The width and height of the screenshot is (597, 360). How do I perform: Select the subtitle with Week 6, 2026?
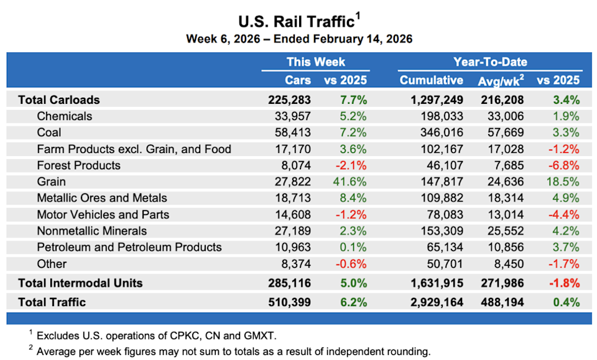click(299, 39)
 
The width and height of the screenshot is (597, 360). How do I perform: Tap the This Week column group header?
click(315, 62)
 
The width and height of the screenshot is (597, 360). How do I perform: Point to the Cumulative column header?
click(431, 80)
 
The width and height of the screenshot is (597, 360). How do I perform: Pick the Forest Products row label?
click(78, 165)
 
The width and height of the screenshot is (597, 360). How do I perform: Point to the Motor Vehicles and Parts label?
click(103, 215)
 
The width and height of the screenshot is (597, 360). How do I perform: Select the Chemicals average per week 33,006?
click(503, 116)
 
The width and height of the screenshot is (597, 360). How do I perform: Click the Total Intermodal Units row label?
click(80, 283)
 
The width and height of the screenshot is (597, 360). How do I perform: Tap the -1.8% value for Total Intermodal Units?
click(565, 283)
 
